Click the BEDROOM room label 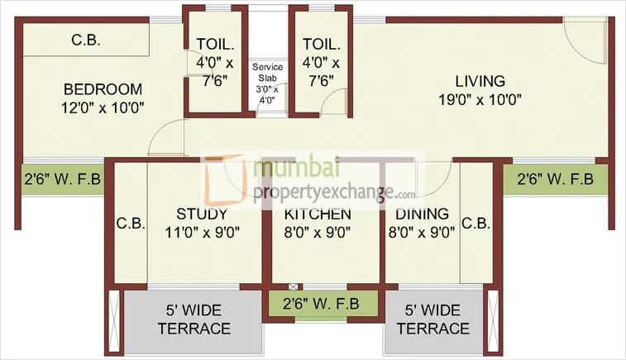point(103,89)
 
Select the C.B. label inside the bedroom point(86,40)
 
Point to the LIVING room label point(480,81)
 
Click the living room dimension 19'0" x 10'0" point(480,99)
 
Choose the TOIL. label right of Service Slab point(318,44)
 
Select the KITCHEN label point(318,214)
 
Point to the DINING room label point(419,214)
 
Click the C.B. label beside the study point(131,223)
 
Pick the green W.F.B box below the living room point(557,178)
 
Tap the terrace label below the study point(194,320)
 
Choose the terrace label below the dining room point(432,320)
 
